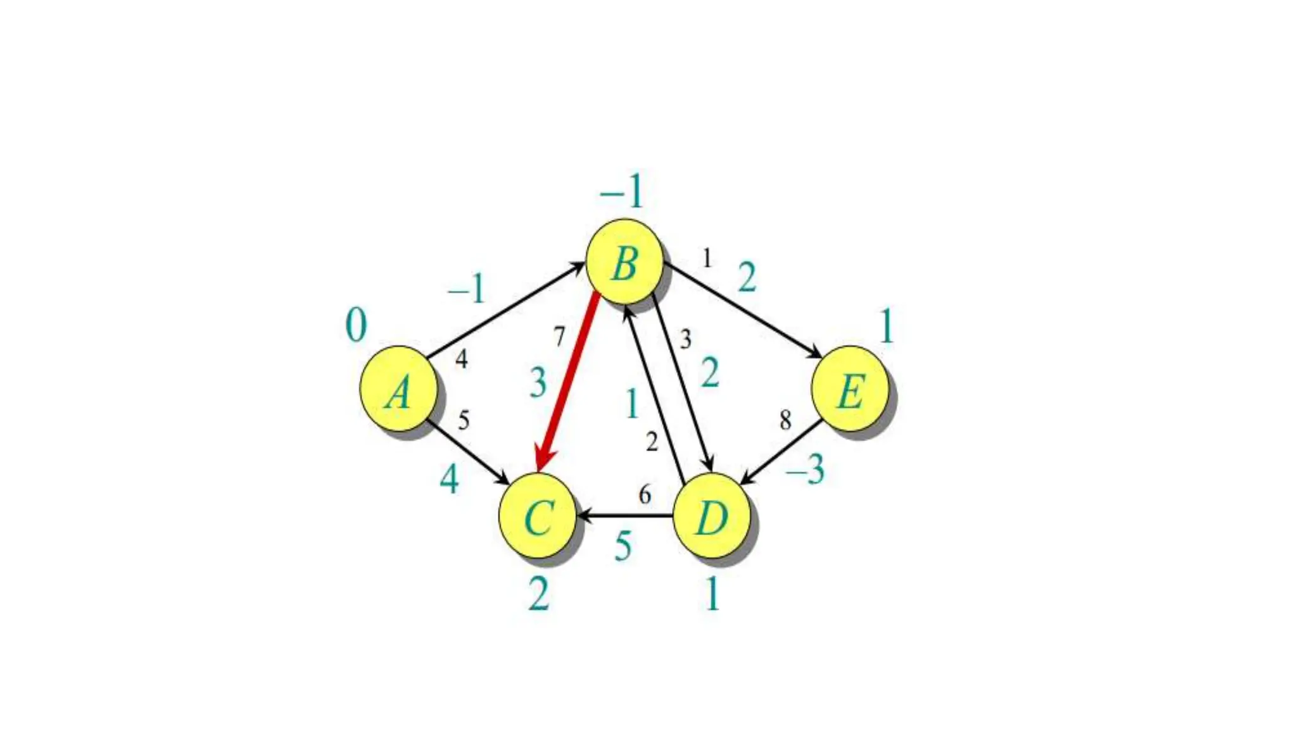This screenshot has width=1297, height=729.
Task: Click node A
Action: pos(398,389)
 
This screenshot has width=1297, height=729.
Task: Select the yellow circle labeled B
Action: pos(624,262)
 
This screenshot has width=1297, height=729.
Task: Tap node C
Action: pos(538,516)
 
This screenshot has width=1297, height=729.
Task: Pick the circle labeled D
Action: pos(711,516)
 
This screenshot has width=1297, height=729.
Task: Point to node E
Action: pos(850,389)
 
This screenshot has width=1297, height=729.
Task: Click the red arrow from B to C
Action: pos(567,383)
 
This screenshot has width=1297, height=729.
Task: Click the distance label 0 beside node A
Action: pos(356,325)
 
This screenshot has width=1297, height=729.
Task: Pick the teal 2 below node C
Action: pos(538,594)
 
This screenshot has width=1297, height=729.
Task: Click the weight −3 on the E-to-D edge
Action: pos(806,470)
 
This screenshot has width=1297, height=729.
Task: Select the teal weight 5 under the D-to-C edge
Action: pos(623,545)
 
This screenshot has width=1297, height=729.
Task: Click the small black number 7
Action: pos(559,337)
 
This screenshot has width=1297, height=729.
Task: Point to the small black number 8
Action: pos(785,420)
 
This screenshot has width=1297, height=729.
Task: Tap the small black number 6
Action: pos(645,494)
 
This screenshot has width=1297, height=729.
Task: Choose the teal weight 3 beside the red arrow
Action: pos(538,383)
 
